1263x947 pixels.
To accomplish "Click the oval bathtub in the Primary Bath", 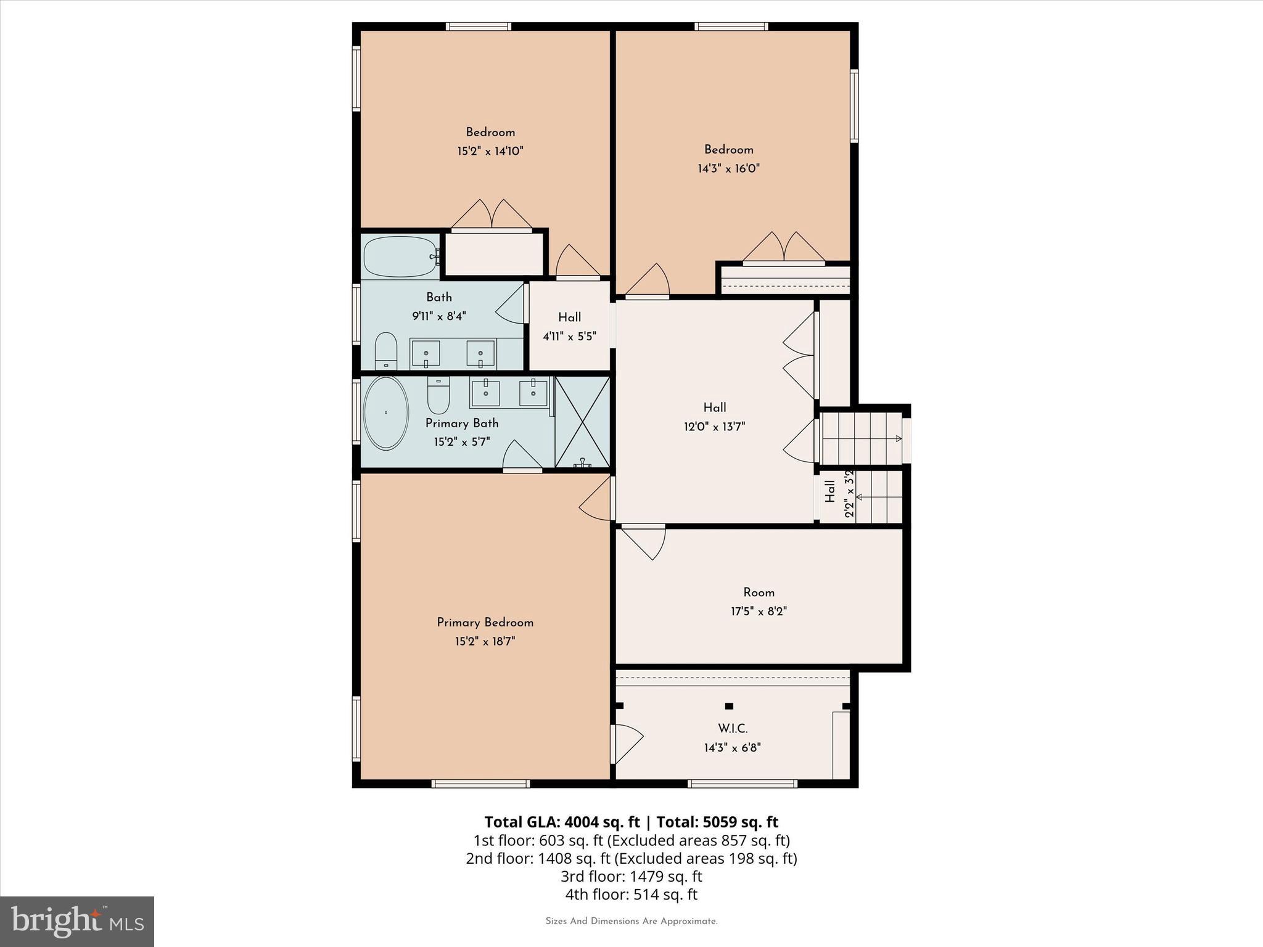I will pyautogui.click(x=386, y=412).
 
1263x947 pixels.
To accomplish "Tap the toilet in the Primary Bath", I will pyautogui.click(x=438, y=396).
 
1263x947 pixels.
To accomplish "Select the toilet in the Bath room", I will pyautogui.click(x=386, y=351).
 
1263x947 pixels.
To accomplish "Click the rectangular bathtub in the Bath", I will pyautogui.click(x=400, y=256).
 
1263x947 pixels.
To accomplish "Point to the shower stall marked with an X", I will pyautogui.click(x=582, y=422).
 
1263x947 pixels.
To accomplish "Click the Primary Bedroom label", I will pyautogui.click(x=485, y=623).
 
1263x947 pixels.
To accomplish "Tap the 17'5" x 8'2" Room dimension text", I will pyautogui.click(x=759, y=612).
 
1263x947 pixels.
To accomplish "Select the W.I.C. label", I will pyautogui.click(x=733, y=729).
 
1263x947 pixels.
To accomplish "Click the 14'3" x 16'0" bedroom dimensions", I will pyautogui.click(x=728, y=168).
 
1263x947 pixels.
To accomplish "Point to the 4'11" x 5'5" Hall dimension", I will pyautogui.click(x=569, y=337).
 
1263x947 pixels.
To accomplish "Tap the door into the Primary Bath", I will pyautogui.click(x=522, y=457).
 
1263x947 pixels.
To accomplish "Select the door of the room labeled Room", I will pyautogui.click(x=644, y=540).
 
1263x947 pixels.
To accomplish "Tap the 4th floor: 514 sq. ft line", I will pyautogui.click(x=631, y=895).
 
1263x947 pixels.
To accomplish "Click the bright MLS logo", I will pyautogui.click(x=77, y=921).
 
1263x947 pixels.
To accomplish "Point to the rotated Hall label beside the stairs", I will pyautogui.click(x=830, y=491).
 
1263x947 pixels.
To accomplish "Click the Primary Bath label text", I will pyautogui.click(x=462, y=424).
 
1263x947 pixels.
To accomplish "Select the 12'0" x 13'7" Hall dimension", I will pyautogui.click(x=714, y=427).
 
